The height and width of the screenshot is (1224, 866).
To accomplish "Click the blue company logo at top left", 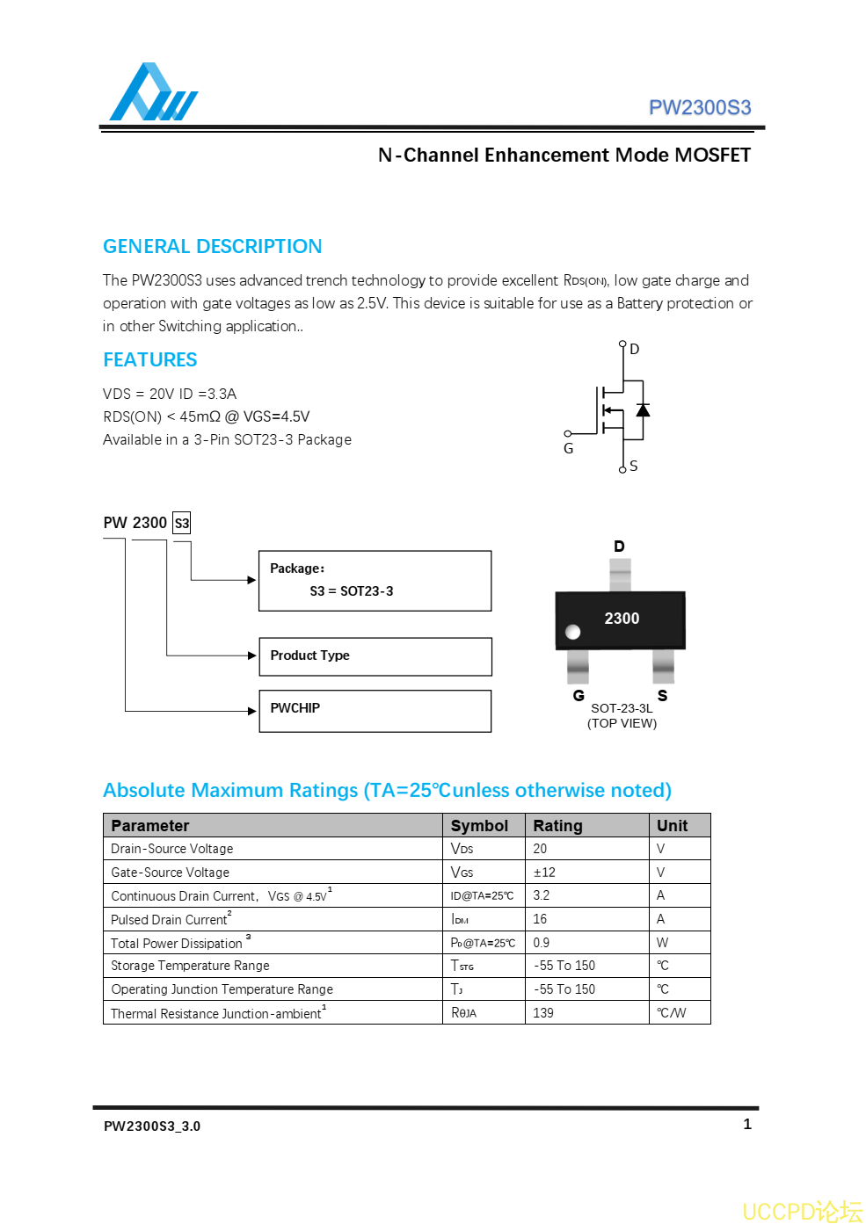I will [x=152, y=93].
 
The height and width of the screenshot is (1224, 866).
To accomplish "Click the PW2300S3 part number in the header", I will [x=699, y=107].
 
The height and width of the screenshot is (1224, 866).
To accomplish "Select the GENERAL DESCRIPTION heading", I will [x=212, y=246].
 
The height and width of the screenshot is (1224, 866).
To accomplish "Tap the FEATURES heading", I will [x=149, y=359].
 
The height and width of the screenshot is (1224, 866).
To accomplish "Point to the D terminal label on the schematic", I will [x=635, y=349].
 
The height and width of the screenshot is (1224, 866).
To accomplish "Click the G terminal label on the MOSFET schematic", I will [x=568, y=448].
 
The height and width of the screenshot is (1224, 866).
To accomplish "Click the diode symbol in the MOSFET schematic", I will [x=643, y=410].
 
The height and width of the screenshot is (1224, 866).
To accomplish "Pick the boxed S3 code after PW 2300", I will [x=182, y=523].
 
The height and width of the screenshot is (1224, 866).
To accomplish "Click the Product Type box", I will [x=375, y=656].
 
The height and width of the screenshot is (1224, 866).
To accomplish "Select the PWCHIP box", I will [x=375, y=711].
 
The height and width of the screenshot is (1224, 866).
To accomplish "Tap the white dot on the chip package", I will [x=573, y=632].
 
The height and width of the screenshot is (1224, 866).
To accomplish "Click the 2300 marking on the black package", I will [x=622, y=619].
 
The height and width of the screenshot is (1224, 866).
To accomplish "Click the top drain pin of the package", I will [x=620, y=575].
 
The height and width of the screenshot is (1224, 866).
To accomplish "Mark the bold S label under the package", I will [x=662, y=696].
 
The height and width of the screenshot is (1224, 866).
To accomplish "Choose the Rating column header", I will [x=557, y=826].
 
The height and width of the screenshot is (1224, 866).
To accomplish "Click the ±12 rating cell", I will [x=544, y=873].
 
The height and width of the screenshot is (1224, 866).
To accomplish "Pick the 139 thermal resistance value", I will [x=543, y=1013].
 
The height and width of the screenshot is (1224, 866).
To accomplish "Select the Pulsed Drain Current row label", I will [x=171, y=919].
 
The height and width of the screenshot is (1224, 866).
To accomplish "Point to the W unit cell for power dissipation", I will [x=662, y=943].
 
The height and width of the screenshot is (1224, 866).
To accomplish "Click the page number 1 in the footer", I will [x=747, y=1124].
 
